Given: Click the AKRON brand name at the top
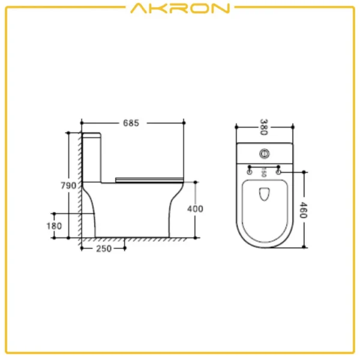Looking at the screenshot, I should coord(179,8).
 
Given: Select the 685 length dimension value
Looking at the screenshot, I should coord(131,123).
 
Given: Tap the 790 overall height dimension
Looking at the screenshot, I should coord(68,185).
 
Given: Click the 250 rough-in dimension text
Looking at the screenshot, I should coord(104,249).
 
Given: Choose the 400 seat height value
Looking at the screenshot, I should coord(196,209).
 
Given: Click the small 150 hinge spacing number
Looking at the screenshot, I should coord(263,173).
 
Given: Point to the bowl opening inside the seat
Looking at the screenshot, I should coord(263,194).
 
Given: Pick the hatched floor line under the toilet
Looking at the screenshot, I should coord(138,240).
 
